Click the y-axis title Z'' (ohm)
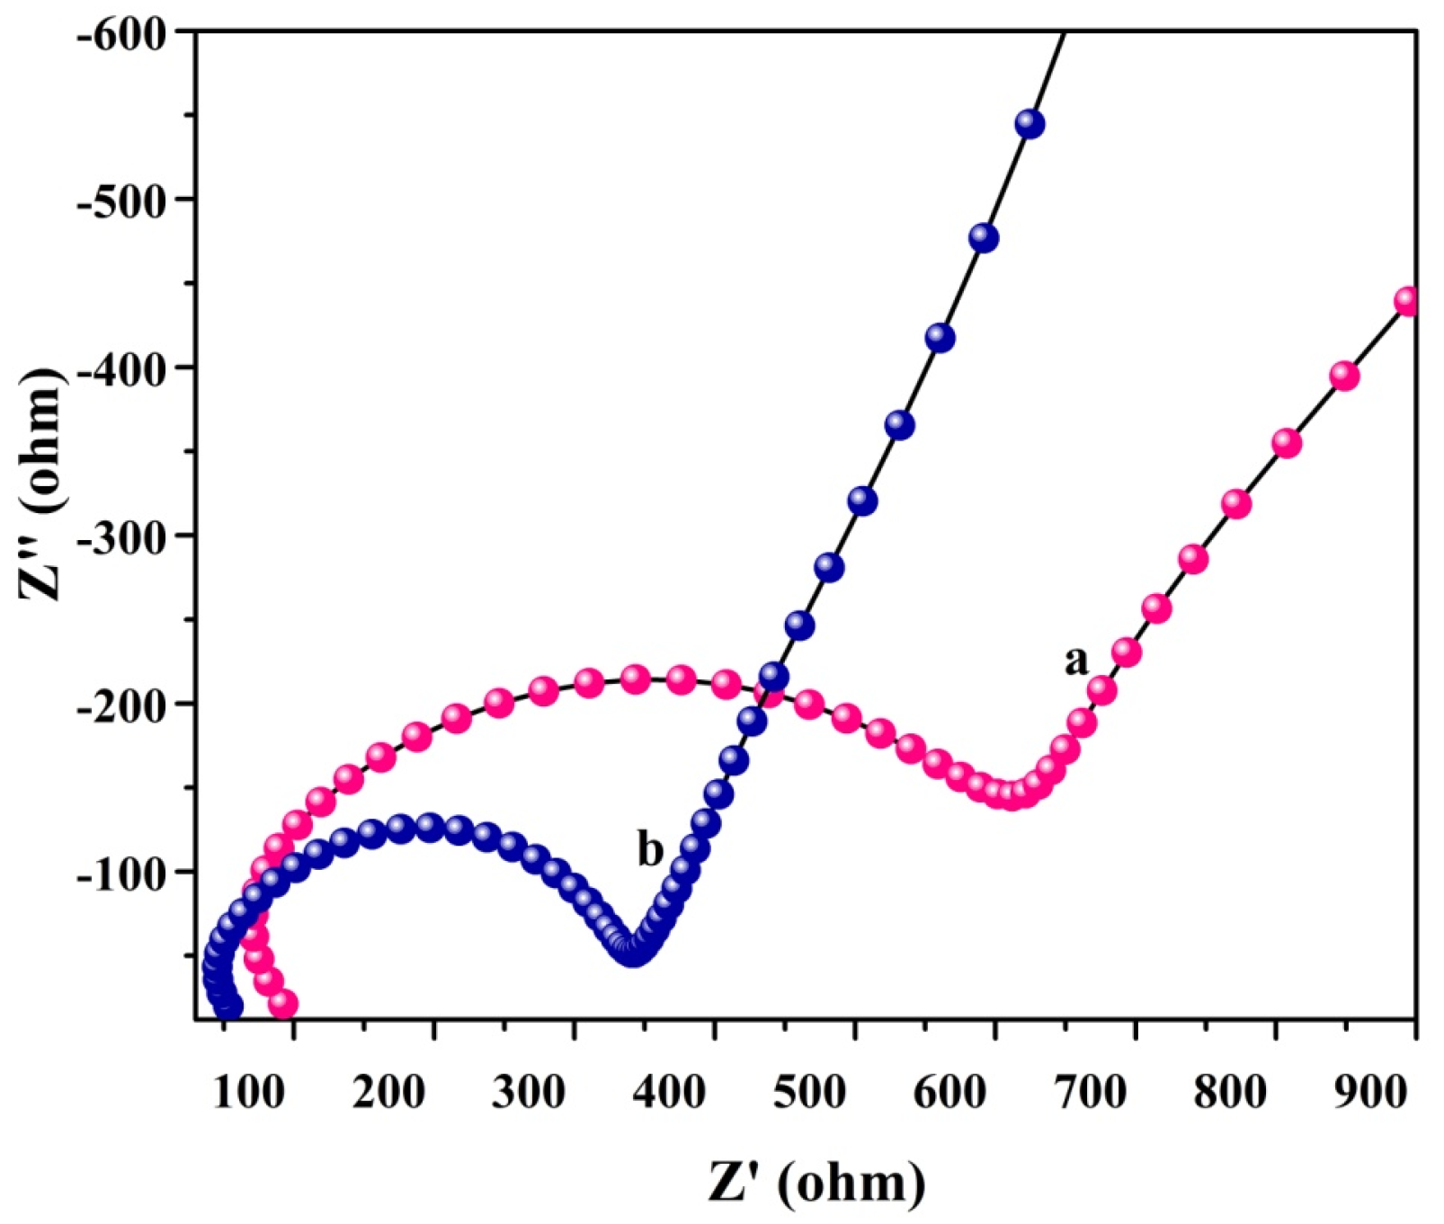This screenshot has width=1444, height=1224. [x=43, y=486]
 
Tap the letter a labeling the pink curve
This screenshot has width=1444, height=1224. [x=1075, y=661]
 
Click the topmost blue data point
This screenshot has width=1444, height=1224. [x=1030, y=124]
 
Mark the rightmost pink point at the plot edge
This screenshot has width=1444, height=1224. [x=1408, y=302]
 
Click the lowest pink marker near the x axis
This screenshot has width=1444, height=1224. [x=283, y=1004]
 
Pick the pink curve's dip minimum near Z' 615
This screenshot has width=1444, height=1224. [x=1012, y=795]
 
